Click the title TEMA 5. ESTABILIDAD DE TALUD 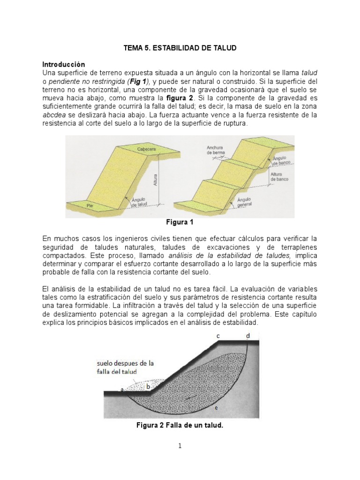[180, 48]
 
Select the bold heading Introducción [64, 64]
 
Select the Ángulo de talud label [140, 202]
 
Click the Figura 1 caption [180, 222]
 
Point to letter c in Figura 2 [218, 336]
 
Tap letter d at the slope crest [248, 336]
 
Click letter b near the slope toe [148, 386]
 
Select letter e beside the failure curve [216, 408]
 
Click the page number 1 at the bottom [180, 446]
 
